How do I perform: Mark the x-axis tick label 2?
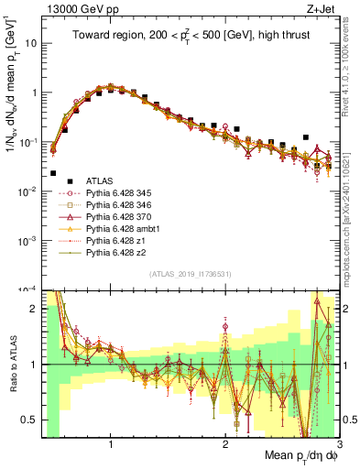(225, 446)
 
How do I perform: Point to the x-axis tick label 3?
(339, 446)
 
